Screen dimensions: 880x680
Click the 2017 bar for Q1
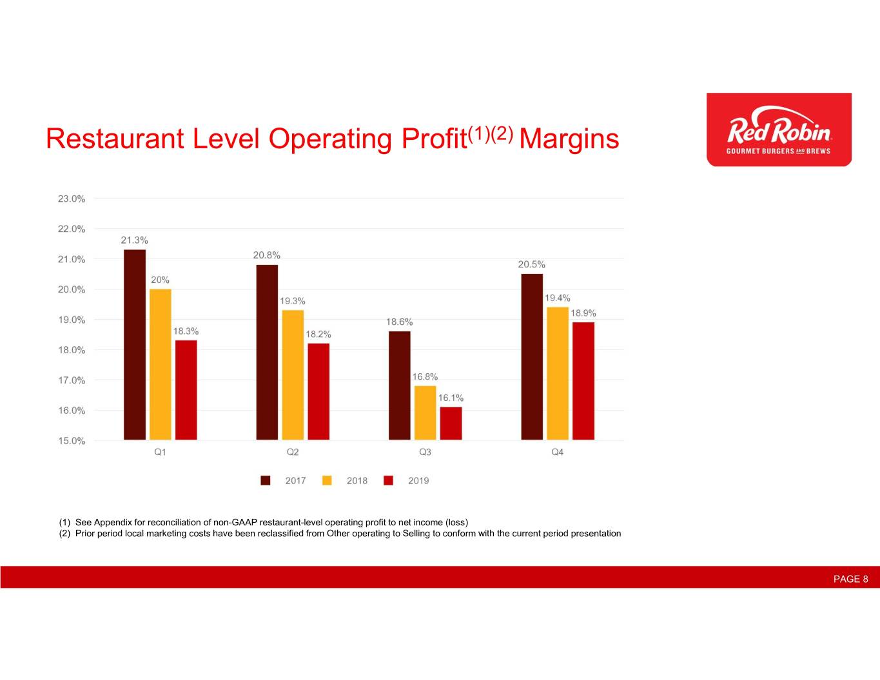click(135, 344)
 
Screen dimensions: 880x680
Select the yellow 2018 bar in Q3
click(425, 413)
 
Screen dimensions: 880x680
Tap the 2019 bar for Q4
click(583, 381)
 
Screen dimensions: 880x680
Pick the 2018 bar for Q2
click(293, 375)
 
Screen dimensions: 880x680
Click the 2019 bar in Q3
click(451, 423)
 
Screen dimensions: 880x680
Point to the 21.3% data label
click(135, 240)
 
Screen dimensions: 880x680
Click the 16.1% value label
click(451, 398)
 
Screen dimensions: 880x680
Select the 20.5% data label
click(532, 264)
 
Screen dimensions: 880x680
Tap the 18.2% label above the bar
click(318, 334)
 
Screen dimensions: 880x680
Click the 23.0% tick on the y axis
click(72, 199)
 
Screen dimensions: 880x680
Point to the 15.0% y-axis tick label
click(72, 441)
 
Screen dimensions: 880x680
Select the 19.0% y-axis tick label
click(72, 320)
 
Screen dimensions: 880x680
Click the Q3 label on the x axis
click(425, 452)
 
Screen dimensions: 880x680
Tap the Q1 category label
click(160, 452)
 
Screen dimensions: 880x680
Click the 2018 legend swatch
click(327, 480)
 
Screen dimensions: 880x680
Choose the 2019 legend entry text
click(418, 480)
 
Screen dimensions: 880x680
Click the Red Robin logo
click(779, 130)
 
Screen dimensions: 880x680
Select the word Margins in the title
click(569, 139)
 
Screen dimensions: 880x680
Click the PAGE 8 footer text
click(851, 579)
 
